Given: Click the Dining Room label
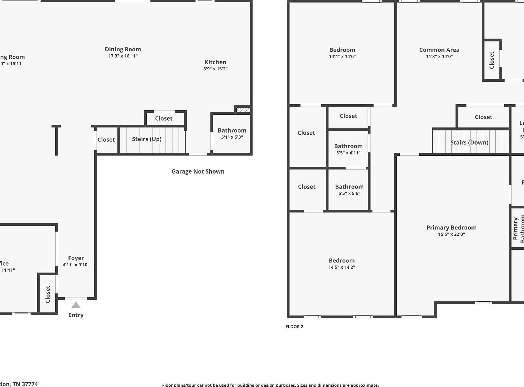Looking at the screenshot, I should [123, 50].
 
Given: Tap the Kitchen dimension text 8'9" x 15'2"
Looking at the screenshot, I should [215, 69].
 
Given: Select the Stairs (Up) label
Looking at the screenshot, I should [147, 139].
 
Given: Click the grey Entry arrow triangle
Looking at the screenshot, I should [76, 305].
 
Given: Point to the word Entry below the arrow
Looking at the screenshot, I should [76, 315].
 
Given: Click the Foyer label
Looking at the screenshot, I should [76, 258].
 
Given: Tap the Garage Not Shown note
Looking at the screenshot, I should [198, 171].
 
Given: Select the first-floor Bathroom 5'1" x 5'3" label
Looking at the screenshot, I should [232, 130].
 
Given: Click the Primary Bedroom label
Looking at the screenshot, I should [451, 227].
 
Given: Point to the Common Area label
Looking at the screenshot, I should [439, 50].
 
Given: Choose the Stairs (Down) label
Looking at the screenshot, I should [469, 142].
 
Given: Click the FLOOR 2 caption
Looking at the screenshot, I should [294, 327].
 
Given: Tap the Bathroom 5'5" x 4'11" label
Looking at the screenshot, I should [348, 146].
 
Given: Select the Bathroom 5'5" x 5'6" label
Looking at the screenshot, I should [349, 187].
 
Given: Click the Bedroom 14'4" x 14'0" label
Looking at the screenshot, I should [342, 50].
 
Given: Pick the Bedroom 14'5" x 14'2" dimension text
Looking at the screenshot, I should [341, 267].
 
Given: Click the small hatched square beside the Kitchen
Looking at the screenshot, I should [243, 110].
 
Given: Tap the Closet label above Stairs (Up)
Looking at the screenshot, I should [164, 119].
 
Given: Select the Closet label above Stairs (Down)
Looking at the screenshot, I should [483, 117].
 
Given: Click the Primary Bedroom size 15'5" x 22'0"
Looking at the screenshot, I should [451, 234].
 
